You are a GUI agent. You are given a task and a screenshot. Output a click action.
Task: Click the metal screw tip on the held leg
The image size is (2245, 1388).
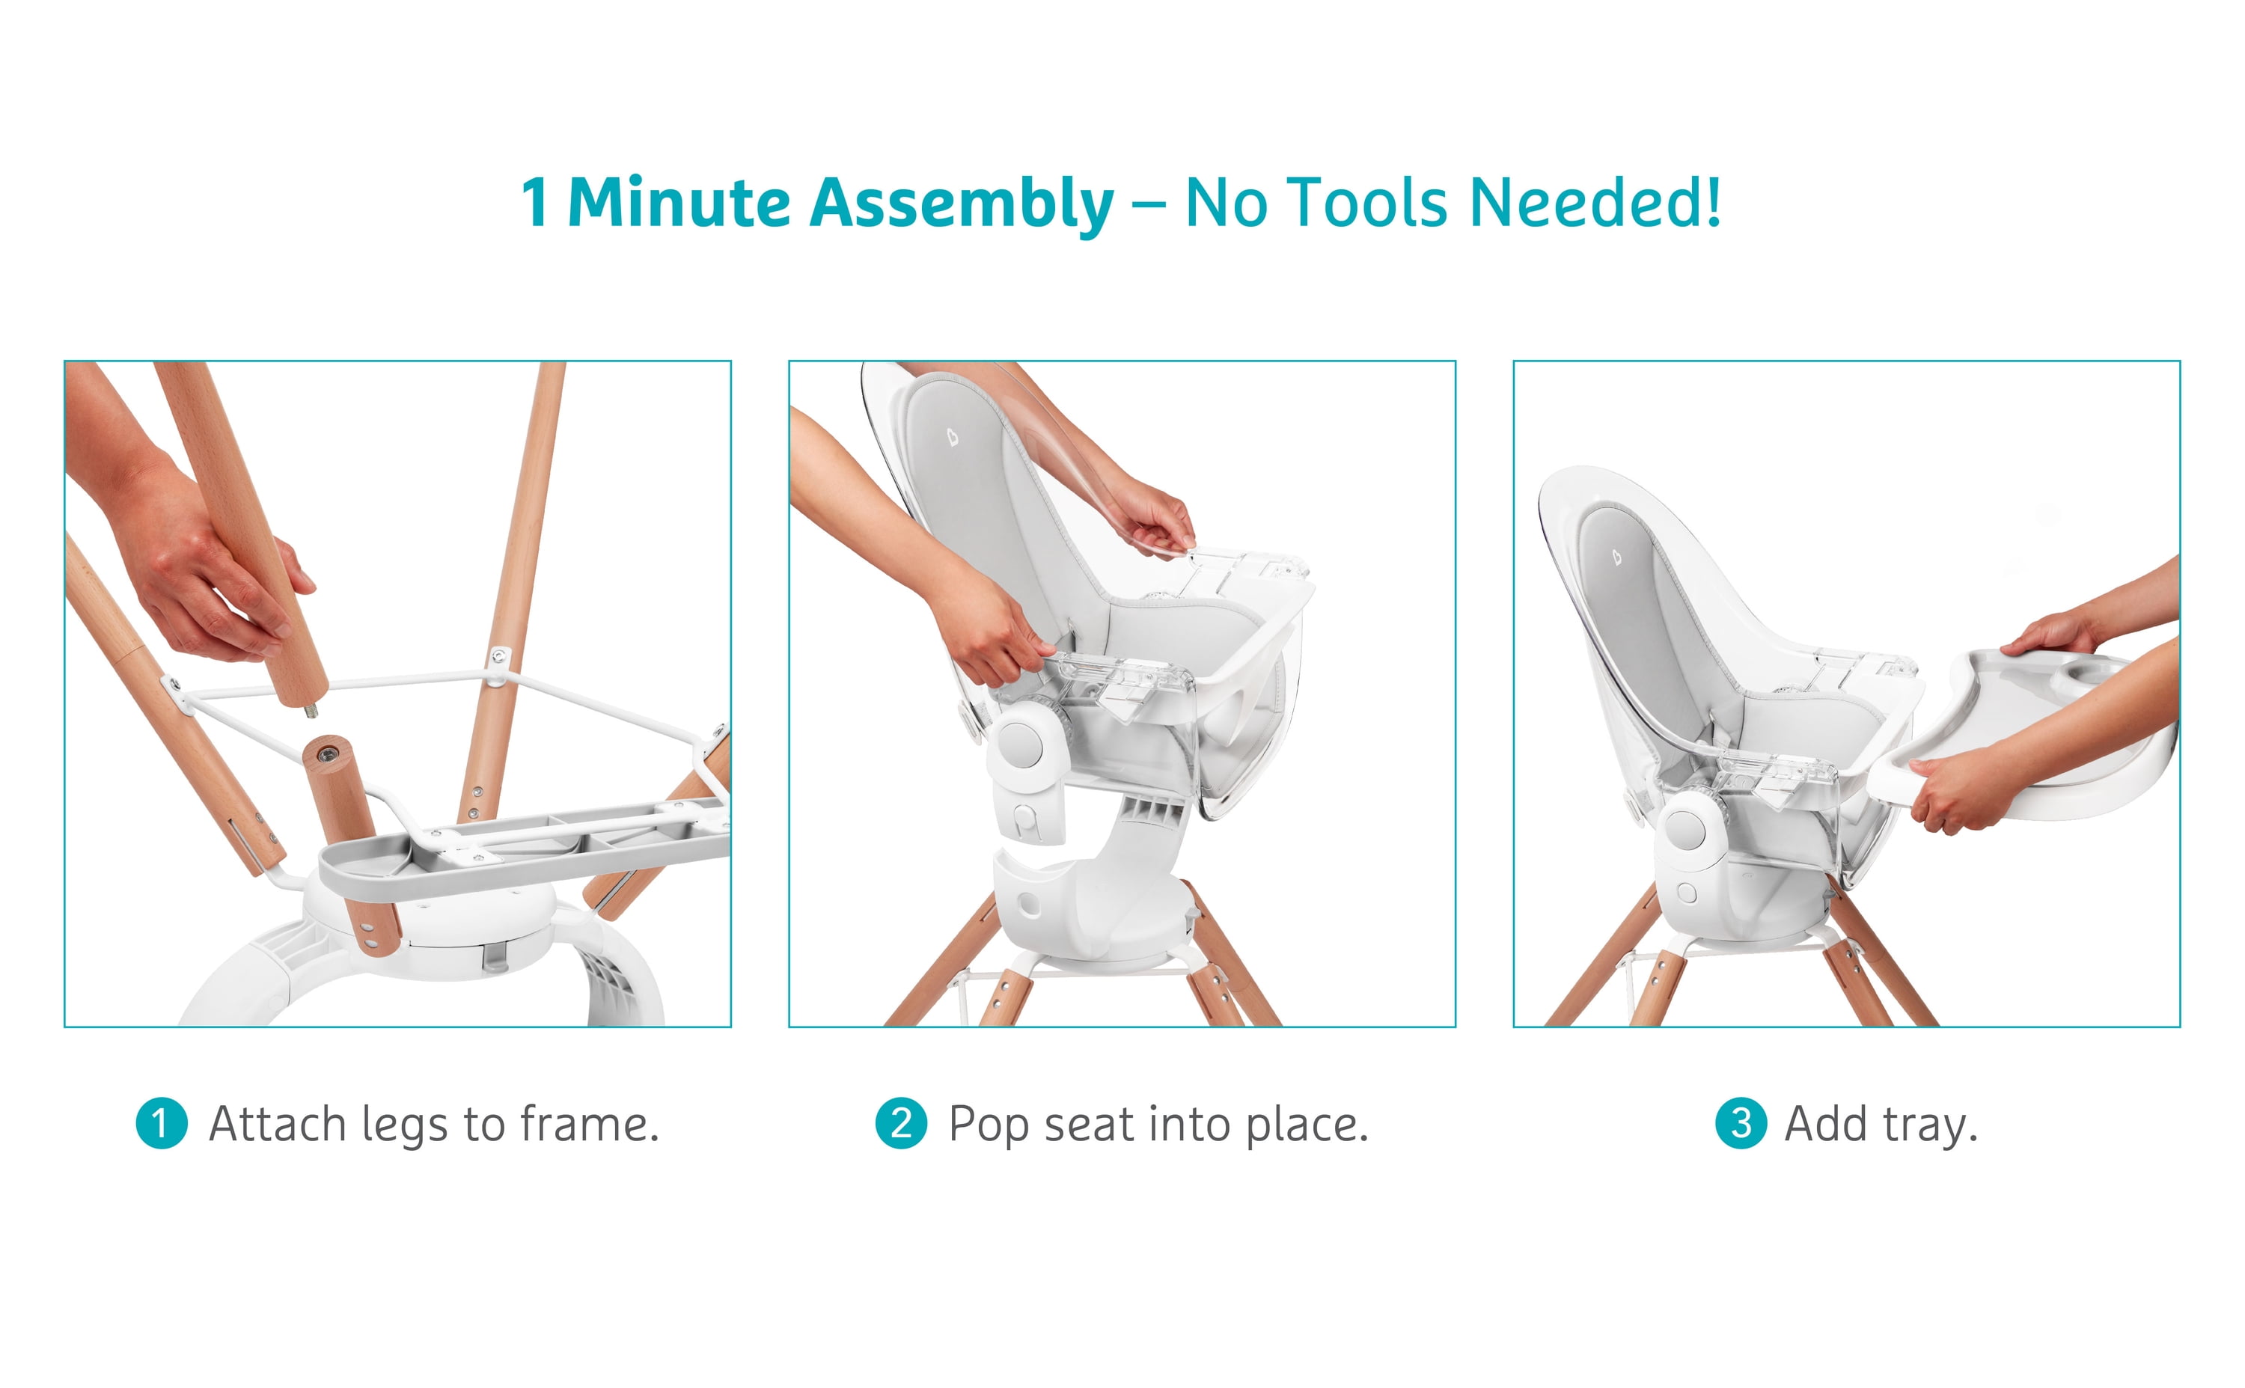[x=311, y=709]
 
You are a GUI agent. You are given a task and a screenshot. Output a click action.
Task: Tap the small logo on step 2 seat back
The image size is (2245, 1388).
[x=953, y=437]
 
